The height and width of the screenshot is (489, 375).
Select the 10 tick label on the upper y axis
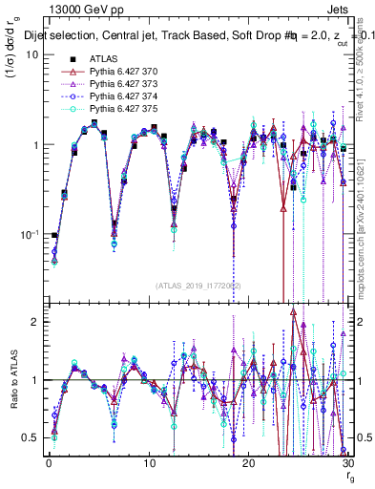(31, 54)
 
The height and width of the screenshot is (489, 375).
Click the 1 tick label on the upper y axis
(34, 144)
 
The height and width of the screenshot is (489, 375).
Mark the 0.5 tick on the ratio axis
(30, 437)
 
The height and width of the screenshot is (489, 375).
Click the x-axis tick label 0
(49, 462)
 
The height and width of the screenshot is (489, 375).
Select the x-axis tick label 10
(149, 462)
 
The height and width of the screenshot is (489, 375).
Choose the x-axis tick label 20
(248, 462)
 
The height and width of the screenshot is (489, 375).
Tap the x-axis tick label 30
(347, 462)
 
